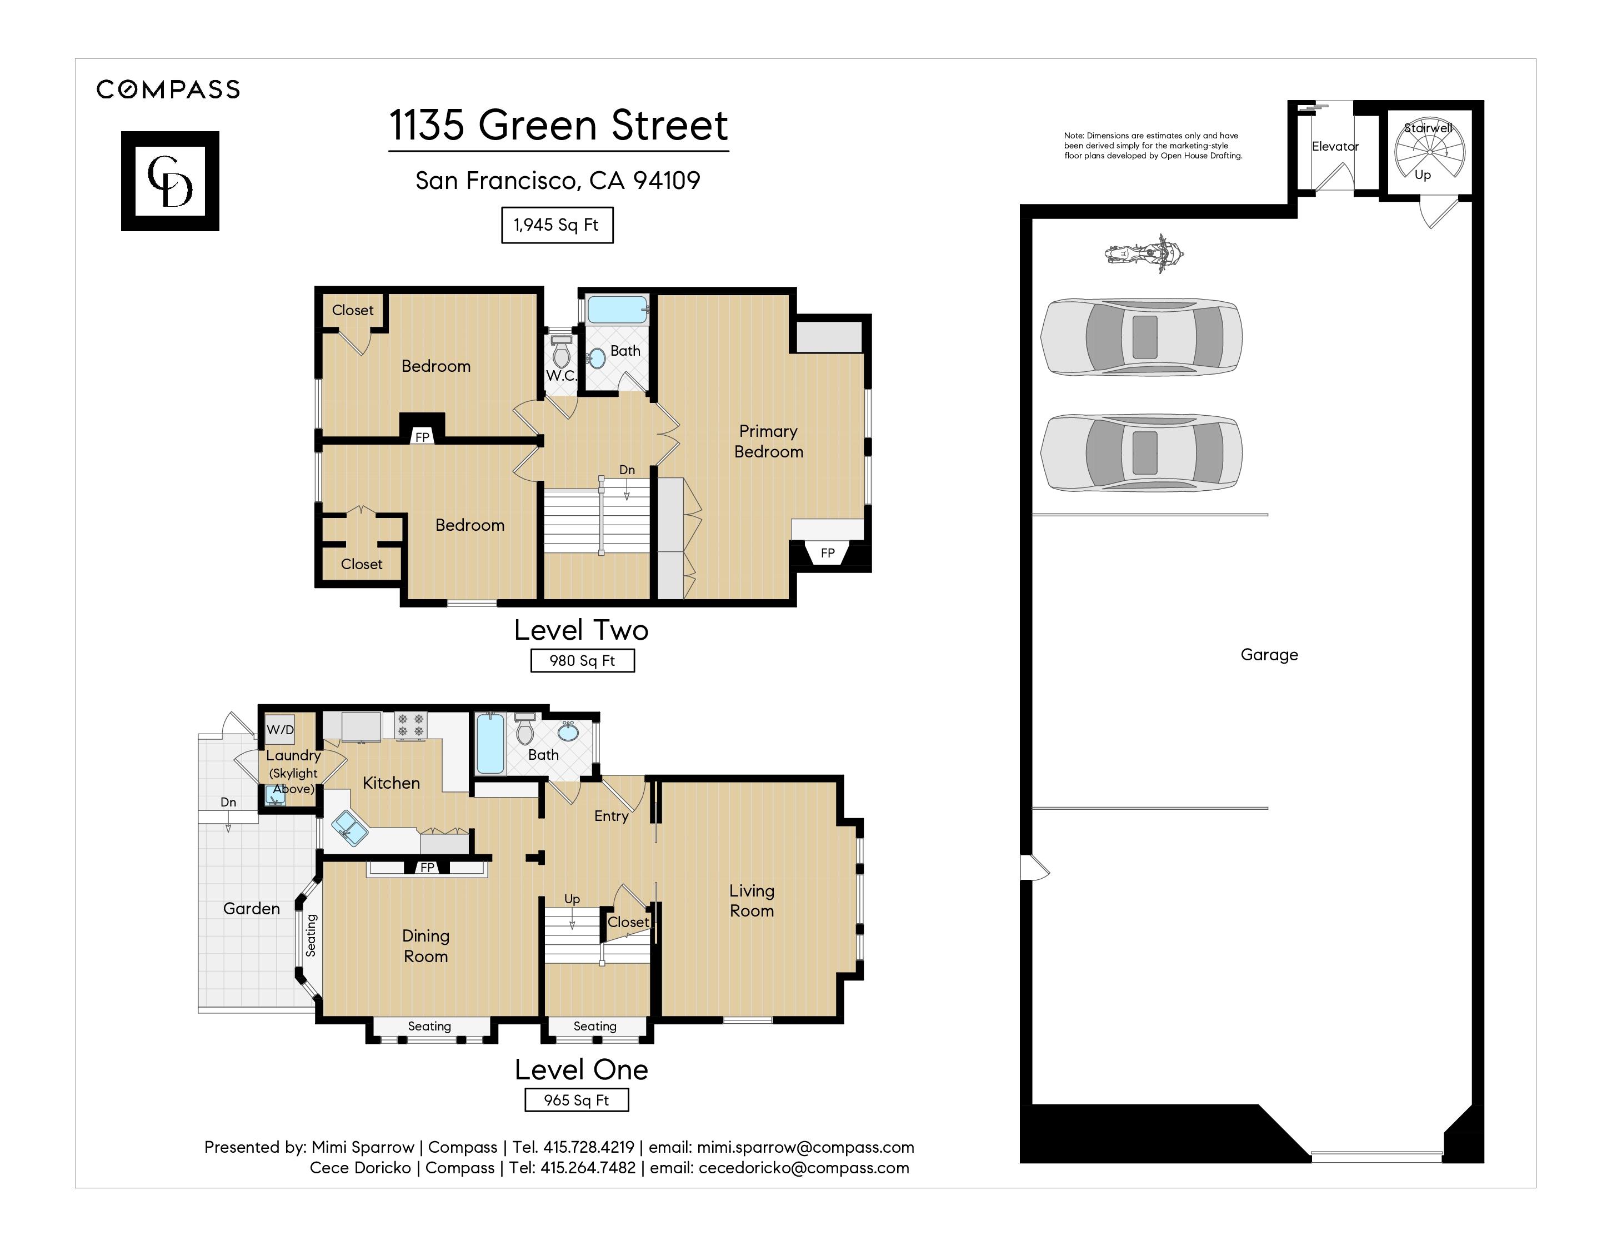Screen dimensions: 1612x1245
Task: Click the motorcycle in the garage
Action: click(x=1144, y=254)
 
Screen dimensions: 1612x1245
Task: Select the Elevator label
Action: click(x=1334, y=146)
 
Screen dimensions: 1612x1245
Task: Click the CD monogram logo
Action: click(x=170, y=181)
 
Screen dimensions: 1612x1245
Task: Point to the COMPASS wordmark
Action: click(x=168, y=89)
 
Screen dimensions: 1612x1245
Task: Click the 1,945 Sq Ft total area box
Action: click(x=557, y=225)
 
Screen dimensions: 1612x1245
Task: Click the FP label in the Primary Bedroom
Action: click(x=828, y=553)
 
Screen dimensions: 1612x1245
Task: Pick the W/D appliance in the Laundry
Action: click(x=280, y=729)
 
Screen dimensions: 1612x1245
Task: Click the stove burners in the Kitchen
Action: click(x=410, y=724)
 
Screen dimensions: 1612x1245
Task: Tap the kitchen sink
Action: click(x=349, y=828)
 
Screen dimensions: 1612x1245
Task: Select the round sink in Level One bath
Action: click(x=568, y=733)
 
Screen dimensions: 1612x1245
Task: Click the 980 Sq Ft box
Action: click(x=582, y=661)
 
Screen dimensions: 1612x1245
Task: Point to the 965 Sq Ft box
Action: click(x=577, y=1100)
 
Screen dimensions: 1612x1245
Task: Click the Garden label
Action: click(x=252, y=908)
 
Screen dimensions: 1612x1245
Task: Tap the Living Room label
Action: click(x=752, y=901)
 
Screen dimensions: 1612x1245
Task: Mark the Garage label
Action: click(x=1269, y=655)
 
